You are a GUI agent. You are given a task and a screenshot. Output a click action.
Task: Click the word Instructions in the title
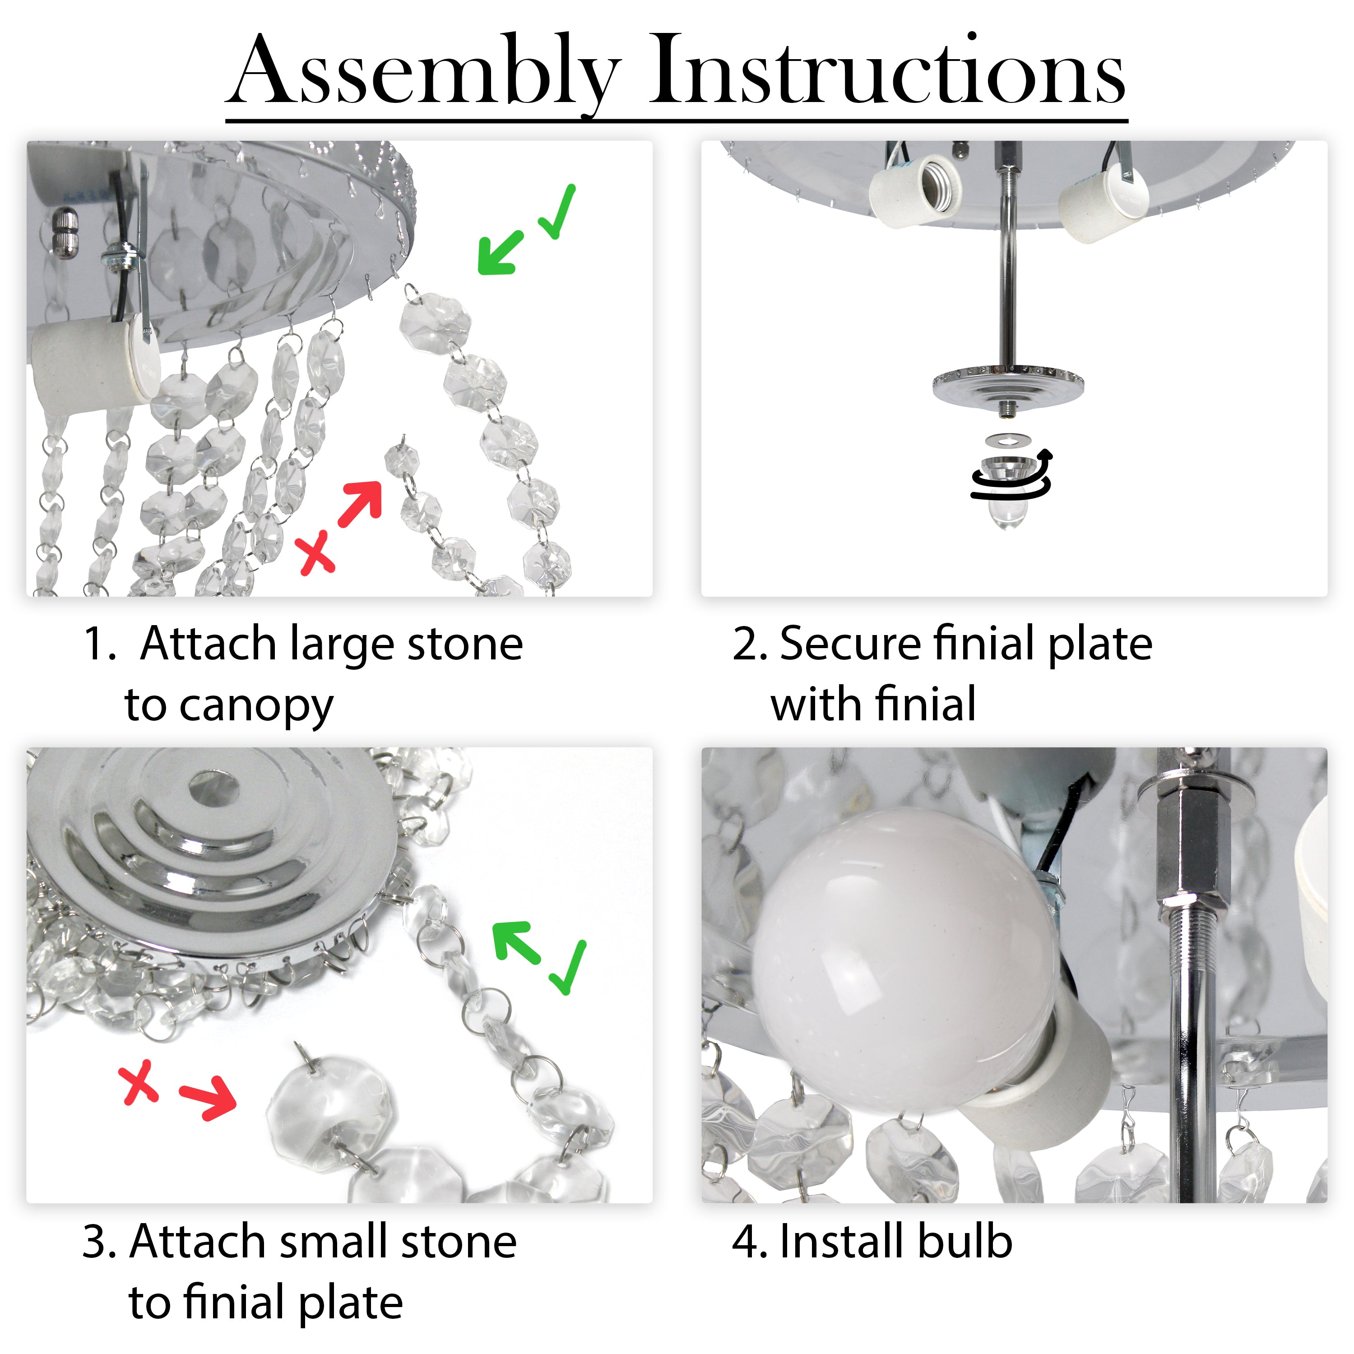coord(888,70)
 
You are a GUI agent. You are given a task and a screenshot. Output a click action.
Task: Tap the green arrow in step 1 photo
coord(501,251)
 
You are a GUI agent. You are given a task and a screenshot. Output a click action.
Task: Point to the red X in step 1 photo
coord(316,552)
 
